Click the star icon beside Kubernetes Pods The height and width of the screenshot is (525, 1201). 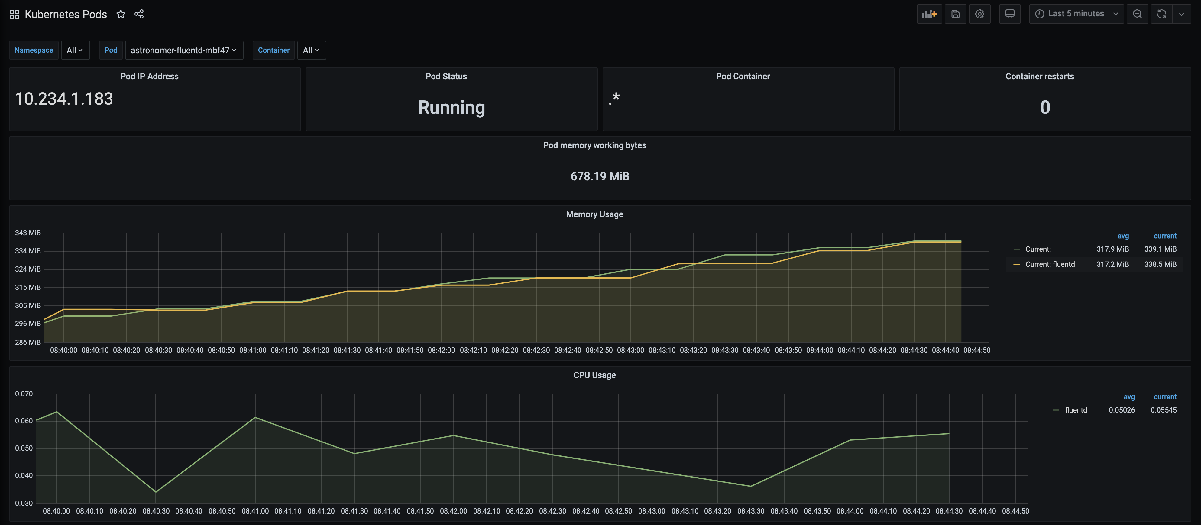pos(121,14)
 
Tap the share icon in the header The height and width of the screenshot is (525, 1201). pos(139,14)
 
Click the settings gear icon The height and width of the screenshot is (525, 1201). pos(979,14)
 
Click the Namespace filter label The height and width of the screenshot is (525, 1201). pos(34,50)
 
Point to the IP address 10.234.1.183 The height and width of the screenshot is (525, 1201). pos(64,99)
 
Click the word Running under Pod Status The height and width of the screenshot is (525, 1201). pos(451,107)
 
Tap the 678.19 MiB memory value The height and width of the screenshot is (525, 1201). pos(600,176)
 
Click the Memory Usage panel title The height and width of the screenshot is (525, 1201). pos(594,214)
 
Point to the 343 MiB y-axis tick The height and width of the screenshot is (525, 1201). pos(28,232)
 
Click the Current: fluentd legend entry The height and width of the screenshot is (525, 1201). pos(1050,264)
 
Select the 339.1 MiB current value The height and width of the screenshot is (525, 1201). pos(1160,249)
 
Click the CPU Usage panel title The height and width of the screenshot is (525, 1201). pos(594,375)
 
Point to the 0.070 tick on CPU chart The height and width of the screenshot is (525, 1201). pos(24,394)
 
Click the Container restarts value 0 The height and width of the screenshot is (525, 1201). pos(1045,107)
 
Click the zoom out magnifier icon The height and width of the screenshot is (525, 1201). pos(1137,14)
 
